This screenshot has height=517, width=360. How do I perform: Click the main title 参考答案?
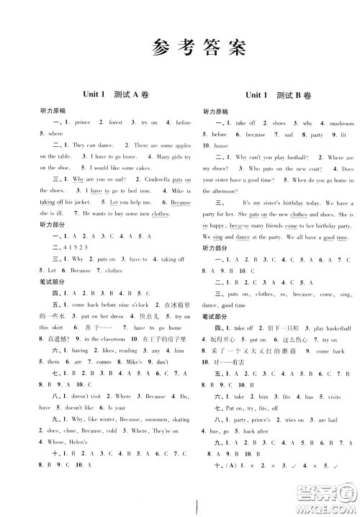pos(180,49)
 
